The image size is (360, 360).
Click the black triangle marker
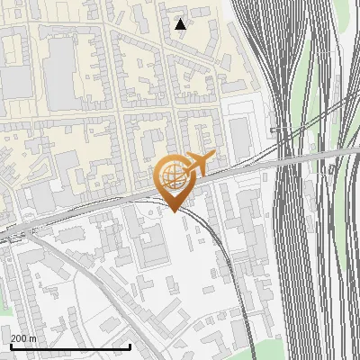click(x=181, y=24)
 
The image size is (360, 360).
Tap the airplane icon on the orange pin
click(x=196, y=163)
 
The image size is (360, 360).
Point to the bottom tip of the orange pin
click(x=174, y=211)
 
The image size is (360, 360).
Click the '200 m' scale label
click(x=23, y=338)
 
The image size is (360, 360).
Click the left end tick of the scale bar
click(x=10, y=345)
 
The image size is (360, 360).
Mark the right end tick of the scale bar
click(x=130, y=345)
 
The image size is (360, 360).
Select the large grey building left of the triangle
click(x=60, y=72)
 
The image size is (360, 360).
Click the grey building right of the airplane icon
click(x=239, y=135)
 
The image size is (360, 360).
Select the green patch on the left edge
click(x=4, y=306)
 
